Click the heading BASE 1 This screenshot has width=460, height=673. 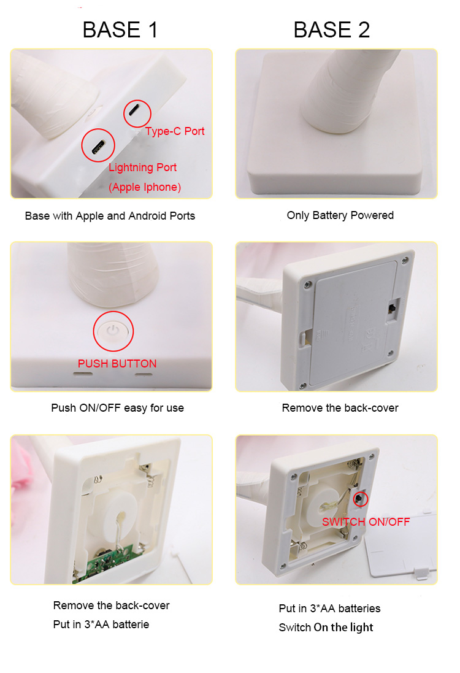tap(120, 29)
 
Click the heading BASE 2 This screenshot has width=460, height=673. tap(331, 29)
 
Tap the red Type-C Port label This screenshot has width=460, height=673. tap(175, 131)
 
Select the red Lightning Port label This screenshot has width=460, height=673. tap(142, 167)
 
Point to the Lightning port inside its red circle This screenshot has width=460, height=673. tap(98, 147)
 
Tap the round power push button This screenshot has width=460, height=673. tap(113, 331)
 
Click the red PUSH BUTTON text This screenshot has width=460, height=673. tap(117, 364)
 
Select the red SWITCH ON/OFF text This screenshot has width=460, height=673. tap(366, 522)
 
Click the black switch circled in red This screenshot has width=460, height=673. tap(359, 499)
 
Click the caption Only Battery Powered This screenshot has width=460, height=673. tap(340, 215)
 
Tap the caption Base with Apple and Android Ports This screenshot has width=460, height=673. tap(110, 216)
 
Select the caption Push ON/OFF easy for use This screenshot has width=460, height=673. tap(117, 408)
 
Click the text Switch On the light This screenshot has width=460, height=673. tap(326, 628)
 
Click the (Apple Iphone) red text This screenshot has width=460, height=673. tap(145, 187)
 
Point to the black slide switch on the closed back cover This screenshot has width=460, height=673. tap(392, 309)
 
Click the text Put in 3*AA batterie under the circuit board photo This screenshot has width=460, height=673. tap(101, 624)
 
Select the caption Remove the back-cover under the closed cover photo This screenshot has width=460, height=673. tap(340, 408)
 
